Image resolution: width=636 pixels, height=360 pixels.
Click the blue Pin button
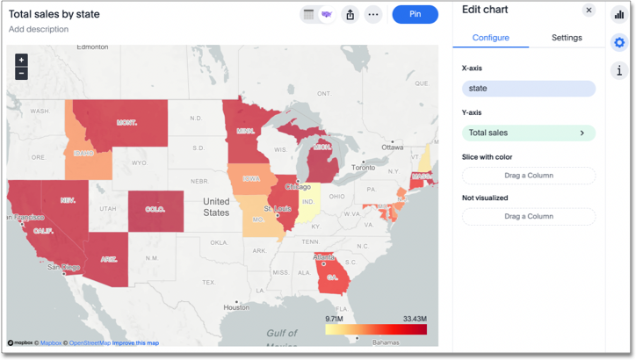point(415,14)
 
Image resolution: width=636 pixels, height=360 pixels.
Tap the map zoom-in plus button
point(21,60)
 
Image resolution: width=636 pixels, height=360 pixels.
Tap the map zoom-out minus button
point(21,73)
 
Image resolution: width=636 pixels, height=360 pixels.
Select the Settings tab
point(567,38)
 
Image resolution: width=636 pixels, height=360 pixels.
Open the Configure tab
point(490,38)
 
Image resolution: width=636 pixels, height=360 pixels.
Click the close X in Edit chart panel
point(589,11)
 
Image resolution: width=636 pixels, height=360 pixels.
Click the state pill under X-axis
point(528,89)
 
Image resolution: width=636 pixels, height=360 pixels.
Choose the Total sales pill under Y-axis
point(528,133)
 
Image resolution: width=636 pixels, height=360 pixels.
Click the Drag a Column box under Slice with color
point(528,176)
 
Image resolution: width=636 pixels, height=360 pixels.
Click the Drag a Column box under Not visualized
point(528,216)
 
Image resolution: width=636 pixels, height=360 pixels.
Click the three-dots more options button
point(373,14)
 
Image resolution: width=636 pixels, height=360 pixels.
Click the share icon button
point(351,14)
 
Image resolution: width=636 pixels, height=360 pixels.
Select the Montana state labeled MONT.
point(127,122)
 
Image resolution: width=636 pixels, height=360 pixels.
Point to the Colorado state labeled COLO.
point(155,210)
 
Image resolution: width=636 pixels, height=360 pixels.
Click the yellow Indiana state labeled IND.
point(308,201)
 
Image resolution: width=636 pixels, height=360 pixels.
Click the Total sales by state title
point(54,14)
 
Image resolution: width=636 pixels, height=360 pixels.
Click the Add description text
point(39,30)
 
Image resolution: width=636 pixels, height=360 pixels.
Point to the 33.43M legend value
point(415,319)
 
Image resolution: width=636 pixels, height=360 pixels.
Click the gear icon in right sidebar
point(619,42)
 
